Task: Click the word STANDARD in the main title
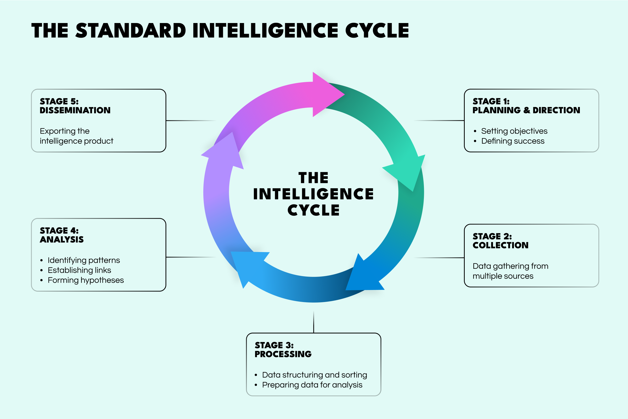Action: [131, 30]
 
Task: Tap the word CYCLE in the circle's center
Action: [313, 210]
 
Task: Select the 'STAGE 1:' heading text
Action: [491, 101]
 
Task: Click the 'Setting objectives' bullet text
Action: [514, 131]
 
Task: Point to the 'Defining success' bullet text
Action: [513, 141]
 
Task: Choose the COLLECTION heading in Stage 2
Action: [500, 245]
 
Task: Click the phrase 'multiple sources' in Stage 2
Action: [503, 276]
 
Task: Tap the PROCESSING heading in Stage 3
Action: [283, 354]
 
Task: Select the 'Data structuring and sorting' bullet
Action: [315, 375]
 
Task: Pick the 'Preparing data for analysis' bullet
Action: [312, 385]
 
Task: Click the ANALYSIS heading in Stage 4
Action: [62, 239]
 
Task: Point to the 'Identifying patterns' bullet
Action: [84, 260]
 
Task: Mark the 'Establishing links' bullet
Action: [79, 270]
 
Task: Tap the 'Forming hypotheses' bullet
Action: [86, 280]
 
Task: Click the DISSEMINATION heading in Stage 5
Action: [75, 110]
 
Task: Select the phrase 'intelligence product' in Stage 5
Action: [76, 141]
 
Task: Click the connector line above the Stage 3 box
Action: [313, 322]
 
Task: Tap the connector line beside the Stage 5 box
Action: [191, 120]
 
